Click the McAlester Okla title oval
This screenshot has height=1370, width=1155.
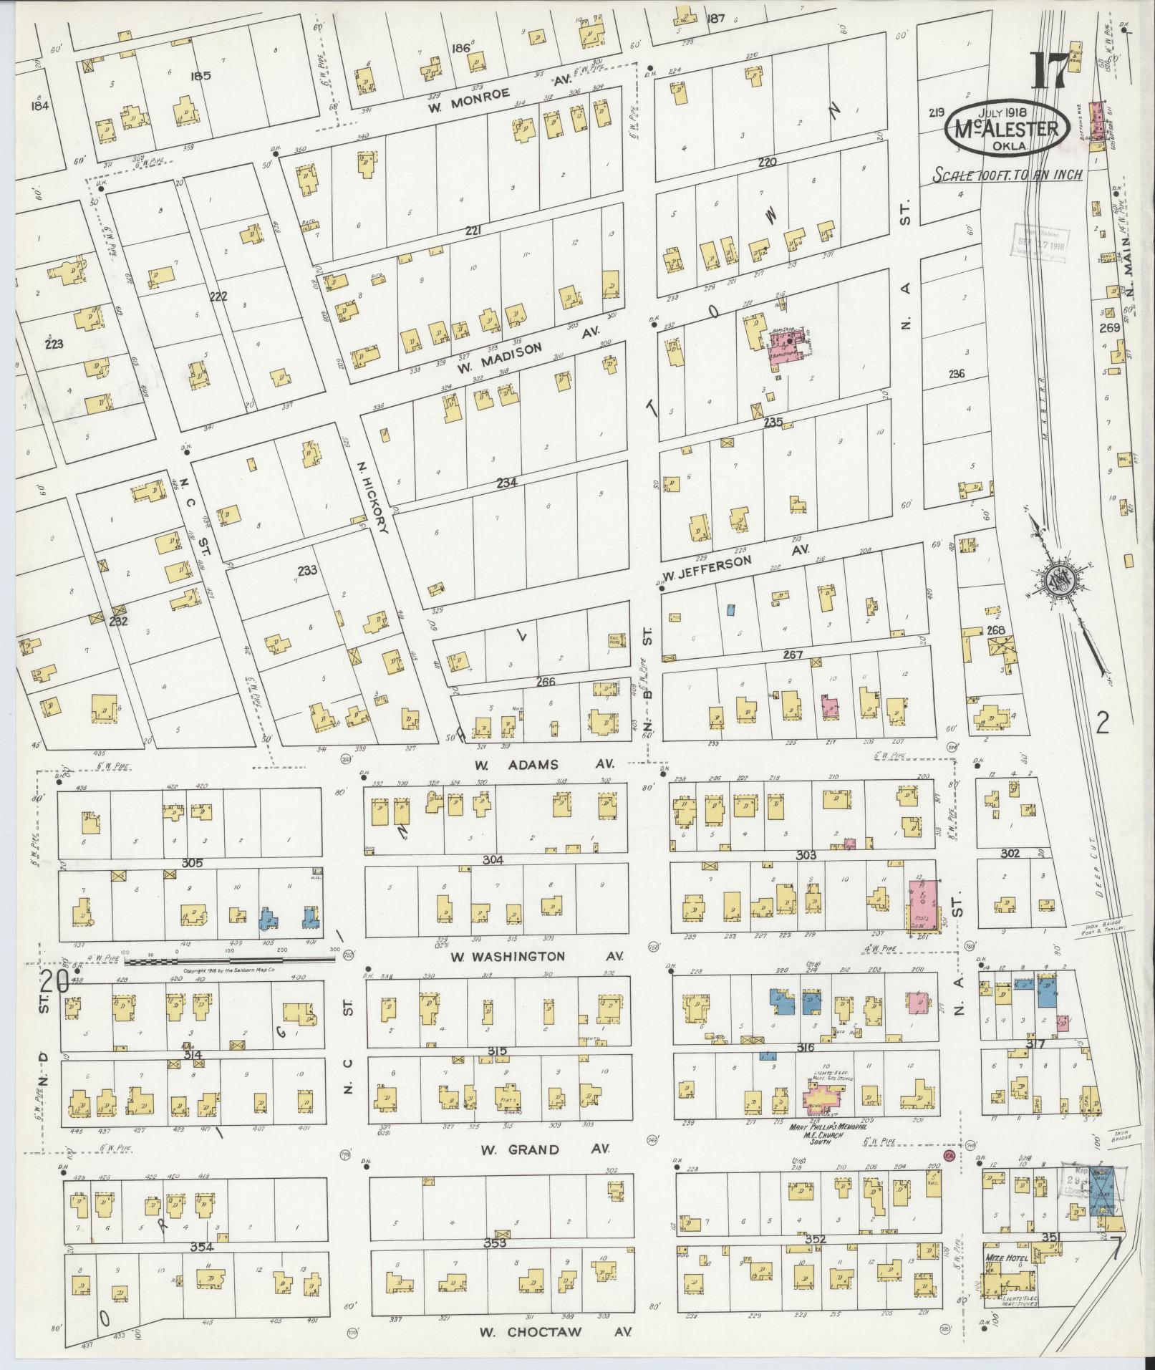(x=1007, y=130)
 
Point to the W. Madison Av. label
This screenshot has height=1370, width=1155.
(x=526, y=349)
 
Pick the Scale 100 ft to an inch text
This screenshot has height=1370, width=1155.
(x=1007, y=174)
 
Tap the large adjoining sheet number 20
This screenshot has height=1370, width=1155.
(x=54, y=983)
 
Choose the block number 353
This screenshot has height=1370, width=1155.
(x=494, y=1243)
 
